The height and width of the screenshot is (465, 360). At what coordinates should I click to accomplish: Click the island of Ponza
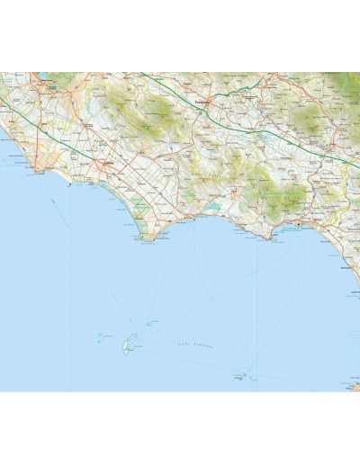pos(130,344)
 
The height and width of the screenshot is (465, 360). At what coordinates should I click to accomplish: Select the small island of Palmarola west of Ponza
pos(99,337)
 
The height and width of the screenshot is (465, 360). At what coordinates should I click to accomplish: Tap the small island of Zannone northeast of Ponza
pos(151,322)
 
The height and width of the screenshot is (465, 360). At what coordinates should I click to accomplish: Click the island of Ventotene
pos(242,377)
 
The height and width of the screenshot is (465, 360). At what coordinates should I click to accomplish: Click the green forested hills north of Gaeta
pos(270,189)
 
